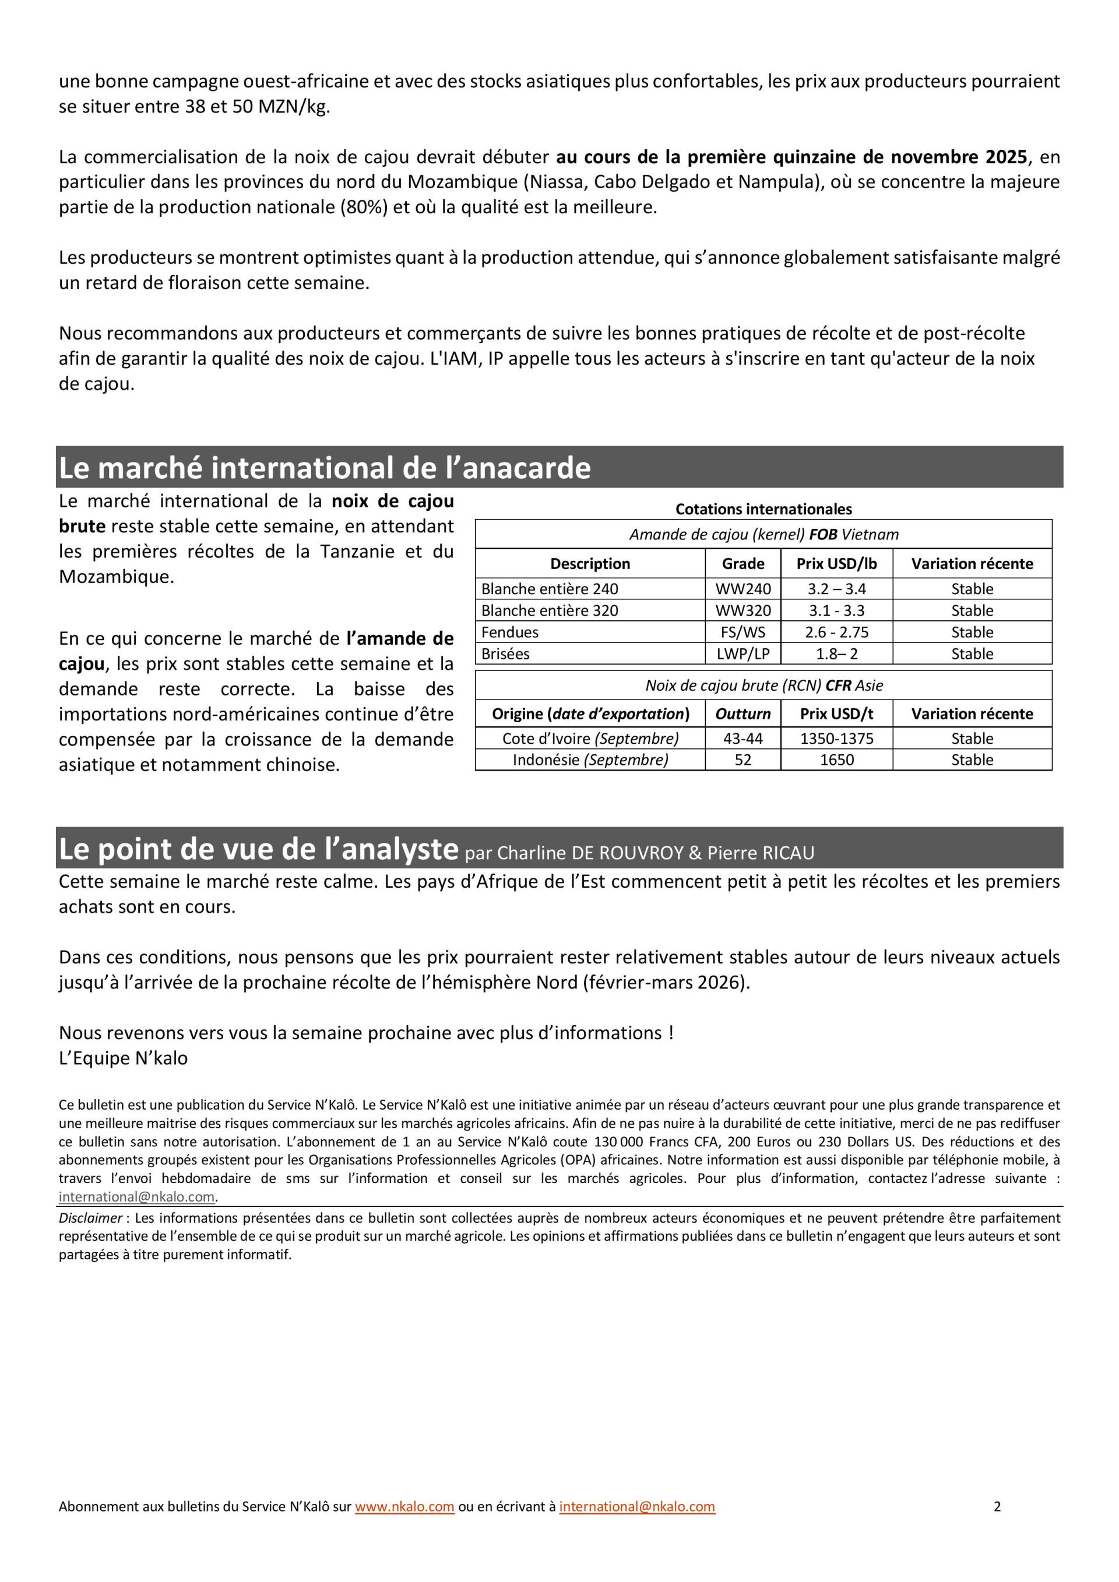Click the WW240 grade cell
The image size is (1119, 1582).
tap(743, 588)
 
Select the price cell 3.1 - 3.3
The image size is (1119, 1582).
tap(836, 610)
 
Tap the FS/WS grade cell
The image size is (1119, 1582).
tap(743, 632)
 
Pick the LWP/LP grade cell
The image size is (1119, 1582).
tap(743, 654)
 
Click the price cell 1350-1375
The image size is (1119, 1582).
tap(836, 739)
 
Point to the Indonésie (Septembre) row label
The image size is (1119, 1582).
tap(590, 760)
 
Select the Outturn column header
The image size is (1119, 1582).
tap(743, 714)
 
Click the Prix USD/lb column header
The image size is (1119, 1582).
tap(836, 564)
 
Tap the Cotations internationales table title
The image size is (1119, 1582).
tap(763, 509)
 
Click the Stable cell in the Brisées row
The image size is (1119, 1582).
tap(972, 654)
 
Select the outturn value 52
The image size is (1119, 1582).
tap(743, 760)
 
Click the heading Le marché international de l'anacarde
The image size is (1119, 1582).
tap(325, 468)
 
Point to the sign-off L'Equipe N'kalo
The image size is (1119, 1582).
tap(123, 1058)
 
